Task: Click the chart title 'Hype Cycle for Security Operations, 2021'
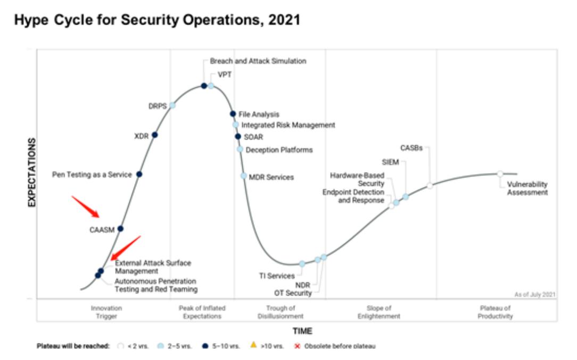[x=157, y=21]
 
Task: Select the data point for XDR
[x=155, y=135]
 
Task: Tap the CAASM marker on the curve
[x=120, y=228]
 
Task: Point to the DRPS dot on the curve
[x=172, y=105]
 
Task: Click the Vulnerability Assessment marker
[x=500, y=174]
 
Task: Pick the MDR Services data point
[x=243, y=176]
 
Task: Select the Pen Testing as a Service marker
[x=139, y=174]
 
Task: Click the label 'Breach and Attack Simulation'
[x=258, y=61]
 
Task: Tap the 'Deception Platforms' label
[x=279, y=150]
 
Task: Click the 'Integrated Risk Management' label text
[x=288, y=125]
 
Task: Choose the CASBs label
[x=411, y=148]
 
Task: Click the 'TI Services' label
[x=277, y=276]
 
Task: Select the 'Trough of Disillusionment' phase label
[x=281, y=312]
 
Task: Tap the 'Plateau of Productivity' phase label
[x=495, y=312]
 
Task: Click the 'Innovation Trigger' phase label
[x=106, y=312]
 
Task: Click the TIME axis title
[x=302, y=331]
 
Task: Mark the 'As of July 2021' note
[x=534, y=294]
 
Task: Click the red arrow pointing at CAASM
[x=85, y=207]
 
